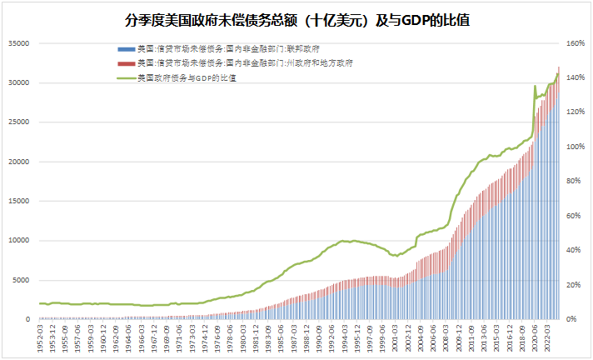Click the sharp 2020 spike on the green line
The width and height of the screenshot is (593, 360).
tap(535, 86)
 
